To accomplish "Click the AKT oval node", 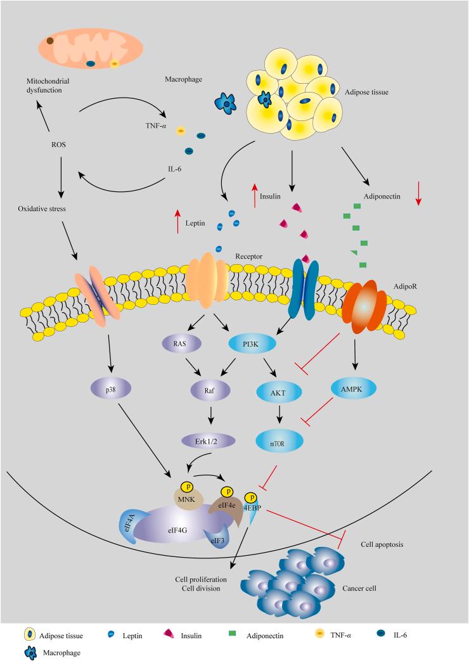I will point(278,394).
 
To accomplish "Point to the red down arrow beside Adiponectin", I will point(418,193).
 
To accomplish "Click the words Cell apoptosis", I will point(382,544).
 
